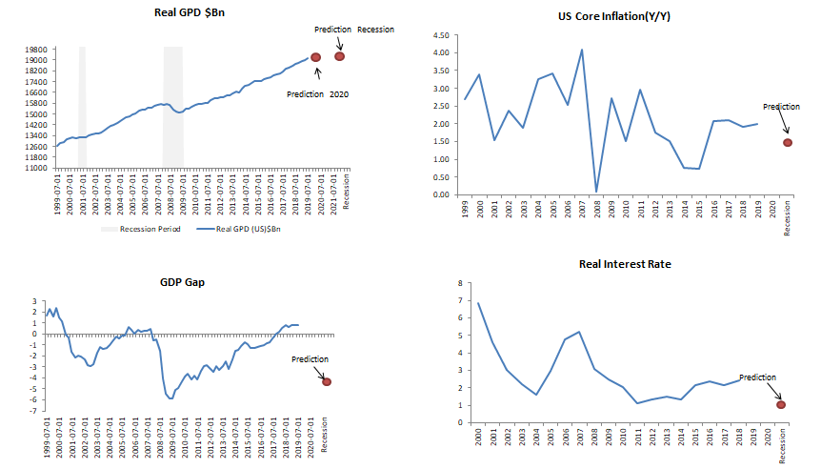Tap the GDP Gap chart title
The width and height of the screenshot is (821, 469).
[184, 283]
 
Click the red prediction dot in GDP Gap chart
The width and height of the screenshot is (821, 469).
[328, 381]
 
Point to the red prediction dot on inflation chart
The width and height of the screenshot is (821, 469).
[788, 142]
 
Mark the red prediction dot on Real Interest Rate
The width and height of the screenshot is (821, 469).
[781, 404]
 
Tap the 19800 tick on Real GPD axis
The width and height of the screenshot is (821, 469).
[37, 50]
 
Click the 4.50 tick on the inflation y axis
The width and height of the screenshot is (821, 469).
[439, 35]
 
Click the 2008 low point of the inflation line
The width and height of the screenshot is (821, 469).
[595, 193]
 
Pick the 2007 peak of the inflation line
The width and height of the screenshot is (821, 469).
[581, 50]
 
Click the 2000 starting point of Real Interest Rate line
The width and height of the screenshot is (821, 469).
[477, 303]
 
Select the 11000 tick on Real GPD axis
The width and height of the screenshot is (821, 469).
[37, 169]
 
